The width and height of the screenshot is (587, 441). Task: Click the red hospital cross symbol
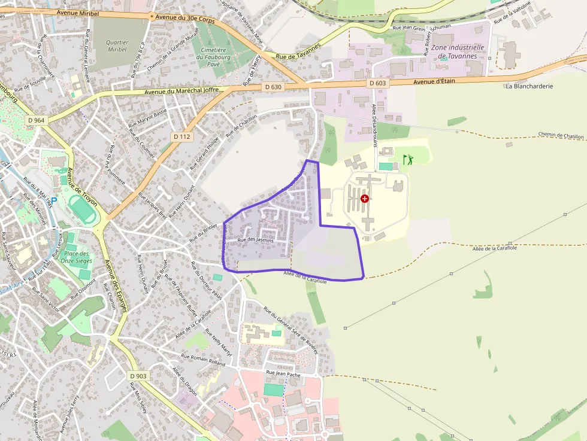point(365,198)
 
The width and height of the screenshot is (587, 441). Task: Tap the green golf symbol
point(408,160)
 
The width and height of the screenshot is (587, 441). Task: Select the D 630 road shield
point(273,87)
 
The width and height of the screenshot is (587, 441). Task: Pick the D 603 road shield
point(377,83)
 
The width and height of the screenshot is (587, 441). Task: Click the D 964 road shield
point(36,120)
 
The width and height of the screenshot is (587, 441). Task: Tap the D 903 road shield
point(138,376)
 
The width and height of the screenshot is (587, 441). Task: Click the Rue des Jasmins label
point(256,240)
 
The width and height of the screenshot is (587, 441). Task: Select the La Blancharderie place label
point(529,86)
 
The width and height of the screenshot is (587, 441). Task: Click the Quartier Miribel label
point(117,46)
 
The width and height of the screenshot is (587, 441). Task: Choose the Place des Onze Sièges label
point(77,257)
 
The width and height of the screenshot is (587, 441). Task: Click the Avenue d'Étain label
point(435,81)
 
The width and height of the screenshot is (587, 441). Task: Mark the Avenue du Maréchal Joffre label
point(181,92)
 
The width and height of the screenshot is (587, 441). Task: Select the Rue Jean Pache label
point(283,373)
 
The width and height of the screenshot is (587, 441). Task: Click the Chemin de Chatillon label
point(561,136)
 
